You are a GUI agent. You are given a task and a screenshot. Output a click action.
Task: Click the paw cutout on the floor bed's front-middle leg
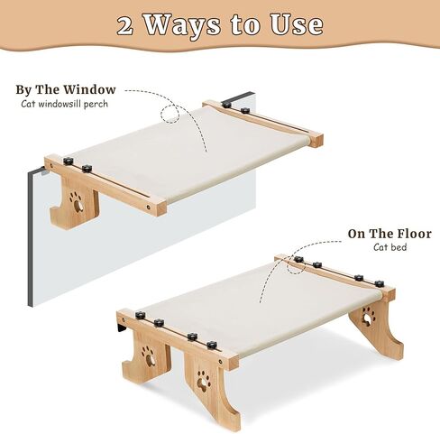point(208,371)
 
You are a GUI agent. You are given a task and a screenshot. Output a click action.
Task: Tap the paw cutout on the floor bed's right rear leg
point(368,315)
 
